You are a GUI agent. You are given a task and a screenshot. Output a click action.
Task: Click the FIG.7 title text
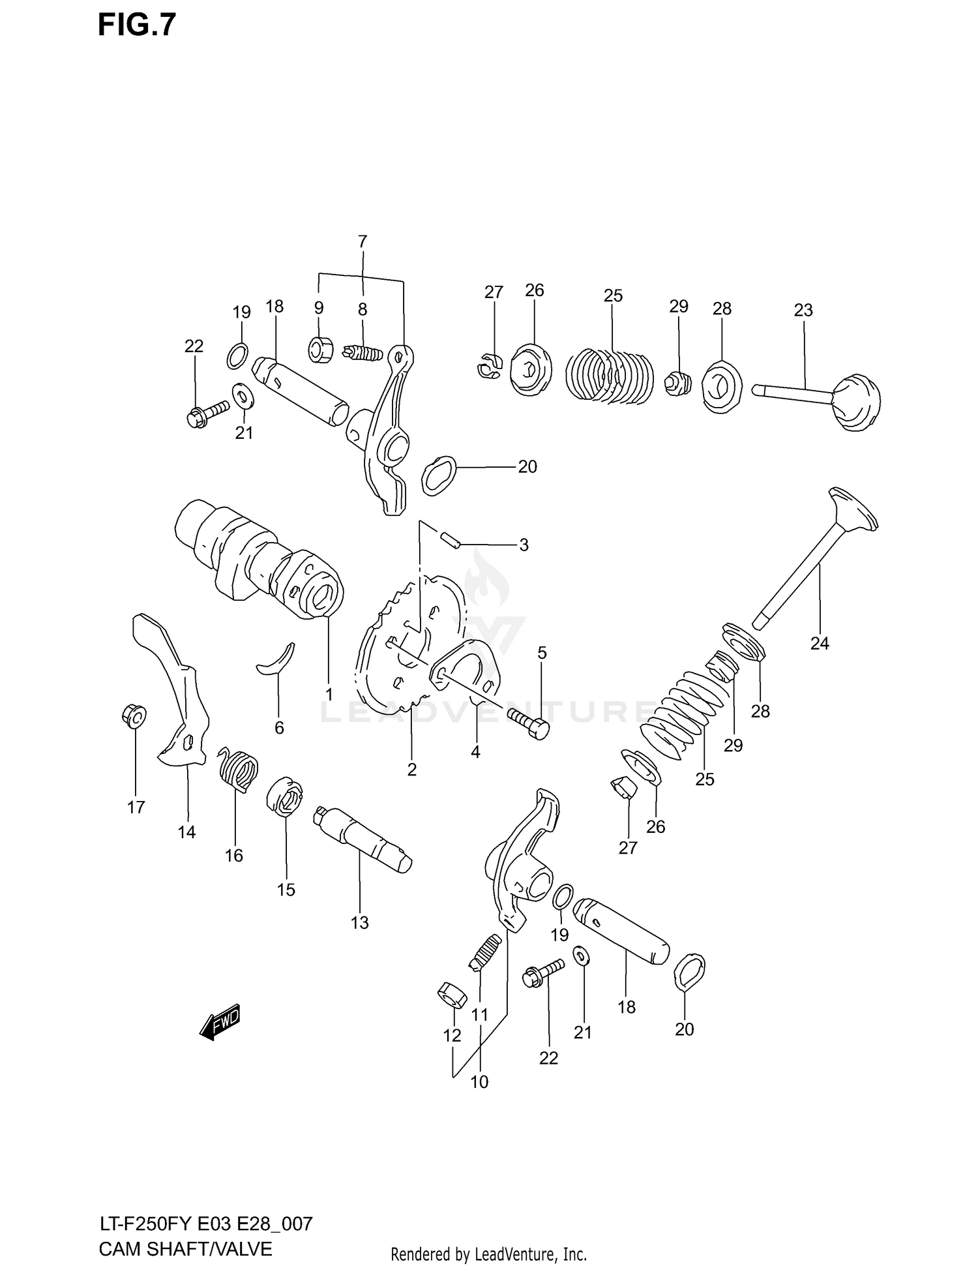137,25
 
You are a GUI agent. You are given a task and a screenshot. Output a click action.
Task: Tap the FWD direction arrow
220,1021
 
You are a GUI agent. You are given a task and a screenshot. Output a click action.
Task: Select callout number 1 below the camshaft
329,693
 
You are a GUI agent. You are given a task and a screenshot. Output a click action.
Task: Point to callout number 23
803,310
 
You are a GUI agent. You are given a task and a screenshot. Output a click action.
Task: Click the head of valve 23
857,402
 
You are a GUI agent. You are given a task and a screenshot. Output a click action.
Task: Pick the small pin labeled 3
450,539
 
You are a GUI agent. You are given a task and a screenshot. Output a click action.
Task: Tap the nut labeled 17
134,717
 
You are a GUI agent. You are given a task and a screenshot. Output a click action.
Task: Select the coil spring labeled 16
237,769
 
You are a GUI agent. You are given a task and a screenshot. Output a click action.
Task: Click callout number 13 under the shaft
359,922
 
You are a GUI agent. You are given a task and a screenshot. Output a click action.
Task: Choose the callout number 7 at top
363,241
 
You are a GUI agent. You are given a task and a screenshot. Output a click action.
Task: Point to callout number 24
820,643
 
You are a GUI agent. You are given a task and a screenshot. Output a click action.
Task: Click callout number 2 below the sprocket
411,770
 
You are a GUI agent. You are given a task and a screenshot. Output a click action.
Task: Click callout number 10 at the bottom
479,1082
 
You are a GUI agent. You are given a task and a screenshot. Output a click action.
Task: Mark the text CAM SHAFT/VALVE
185,1248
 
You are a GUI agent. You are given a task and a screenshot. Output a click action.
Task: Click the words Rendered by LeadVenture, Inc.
488,1254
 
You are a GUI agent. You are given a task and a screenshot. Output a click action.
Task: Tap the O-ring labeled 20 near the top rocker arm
439,476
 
